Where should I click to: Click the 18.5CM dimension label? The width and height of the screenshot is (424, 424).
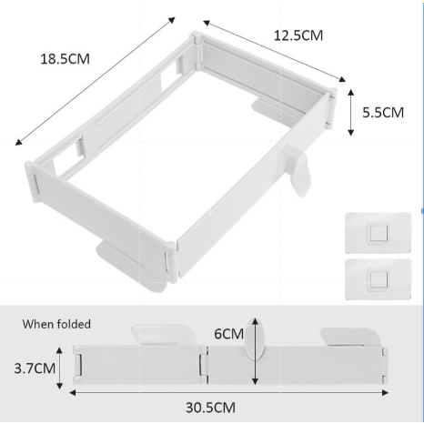point(65,58)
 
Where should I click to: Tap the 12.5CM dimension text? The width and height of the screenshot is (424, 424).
point(298,35)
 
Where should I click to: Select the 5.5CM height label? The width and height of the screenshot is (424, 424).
point(383,113)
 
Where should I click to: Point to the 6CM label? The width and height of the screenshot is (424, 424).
point(228,334)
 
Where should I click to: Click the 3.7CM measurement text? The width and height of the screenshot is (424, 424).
point(35,368)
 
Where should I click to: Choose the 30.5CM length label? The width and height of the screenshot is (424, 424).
point(210,408)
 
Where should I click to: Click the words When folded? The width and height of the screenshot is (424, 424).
point(56,324)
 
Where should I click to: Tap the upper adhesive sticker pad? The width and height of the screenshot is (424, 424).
point(378,233)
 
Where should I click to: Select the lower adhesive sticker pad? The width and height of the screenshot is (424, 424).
point(378,279)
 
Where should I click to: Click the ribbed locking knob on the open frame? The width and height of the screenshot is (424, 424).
point(298,171)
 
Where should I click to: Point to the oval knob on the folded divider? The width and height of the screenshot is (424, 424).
point(255,338)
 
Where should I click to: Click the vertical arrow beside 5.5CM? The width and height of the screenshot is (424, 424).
point(351,113)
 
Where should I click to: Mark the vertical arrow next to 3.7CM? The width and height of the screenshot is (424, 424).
point(59,368)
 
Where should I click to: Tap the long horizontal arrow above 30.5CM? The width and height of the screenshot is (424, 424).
point(229,393)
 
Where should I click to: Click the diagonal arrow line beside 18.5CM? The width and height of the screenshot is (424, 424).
point(96,81)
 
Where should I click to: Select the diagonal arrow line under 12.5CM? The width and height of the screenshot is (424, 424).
point(274,51)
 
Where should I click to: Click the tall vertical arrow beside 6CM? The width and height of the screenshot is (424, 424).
point(255,351)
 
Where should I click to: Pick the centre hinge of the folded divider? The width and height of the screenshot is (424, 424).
point(204,365)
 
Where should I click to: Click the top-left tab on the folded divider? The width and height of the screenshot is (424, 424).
point(163,334)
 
